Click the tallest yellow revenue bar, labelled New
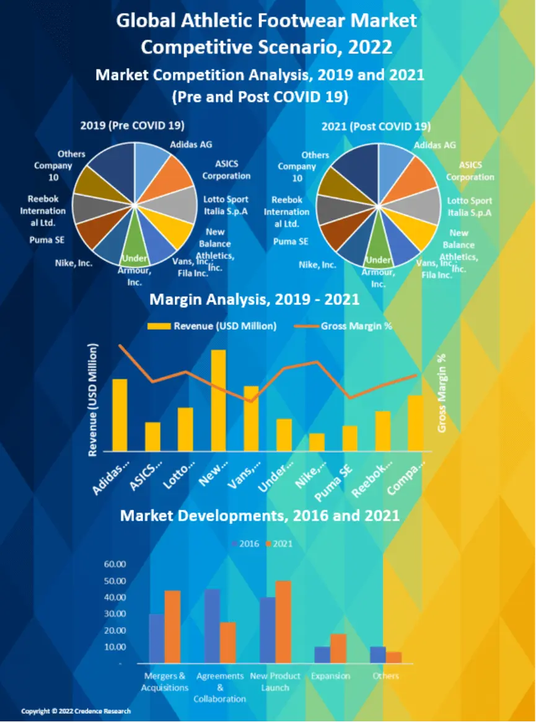(219, 400)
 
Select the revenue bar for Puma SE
(349, 438)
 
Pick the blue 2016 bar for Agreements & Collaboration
(213, 626)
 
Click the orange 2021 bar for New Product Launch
(283, 622)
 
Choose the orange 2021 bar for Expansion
(338, 648)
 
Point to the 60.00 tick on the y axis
(115, 565)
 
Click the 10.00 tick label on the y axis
(115, 647)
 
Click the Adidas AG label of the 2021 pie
(434, 145)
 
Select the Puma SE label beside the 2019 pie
(46, 240)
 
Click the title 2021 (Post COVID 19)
(376, 126)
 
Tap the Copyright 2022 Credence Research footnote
(76, 711)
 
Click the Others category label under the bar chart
(385, 676)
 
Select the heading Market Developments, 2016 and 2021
(260, 515)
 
